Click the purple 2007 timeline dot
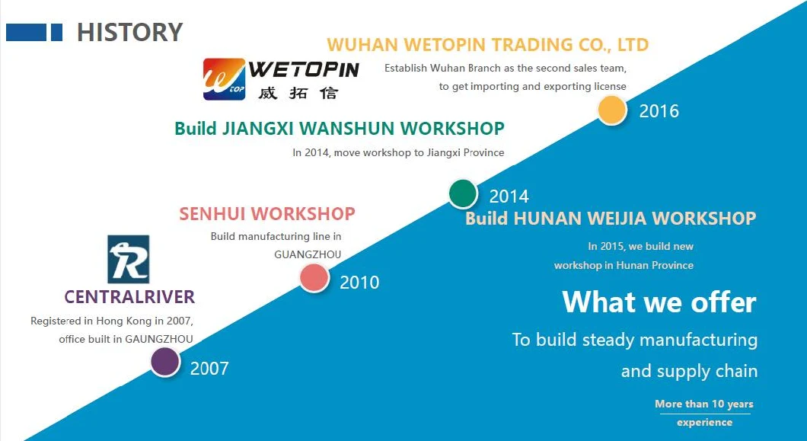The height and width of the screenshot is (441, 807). point(165,363)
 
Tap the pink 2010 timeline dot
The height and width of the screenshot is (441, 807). point(314,278)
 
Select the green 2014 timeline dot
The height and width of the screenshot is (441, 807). point(463,194)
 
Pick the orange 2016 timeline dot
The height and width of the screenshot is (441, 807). point(612,110)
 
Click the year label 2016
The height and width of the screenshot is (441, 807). point(659,111)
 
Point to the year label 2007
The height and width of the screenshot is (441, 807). point(209,369)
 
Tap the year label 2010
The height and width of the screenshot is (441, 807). point(359,283)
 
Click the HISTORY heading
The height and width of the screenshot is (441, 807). point(129,32)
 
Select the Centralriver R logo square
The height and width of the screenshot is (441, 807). point(128,259)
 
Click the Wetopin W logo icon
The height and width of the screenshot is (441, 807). point(224,78)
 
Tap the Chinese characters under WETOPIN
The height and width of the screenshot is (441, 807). point(298,93)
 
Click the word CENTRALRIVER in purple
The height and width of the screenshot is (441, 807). point(129,297)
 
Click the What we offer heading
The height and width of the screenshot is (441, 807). point(659,302)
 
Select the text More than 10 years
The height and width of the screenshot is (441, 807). point(704,404)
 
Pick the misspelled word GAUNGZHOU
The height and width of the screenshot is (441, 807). point(159,339)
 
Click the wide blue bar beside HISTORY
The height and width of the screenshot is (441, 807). point(26,32)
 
